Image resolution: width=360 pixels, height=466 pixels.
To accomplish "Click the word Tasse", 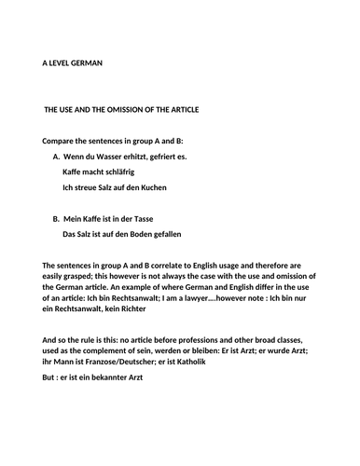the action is (x=140, y=217).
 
